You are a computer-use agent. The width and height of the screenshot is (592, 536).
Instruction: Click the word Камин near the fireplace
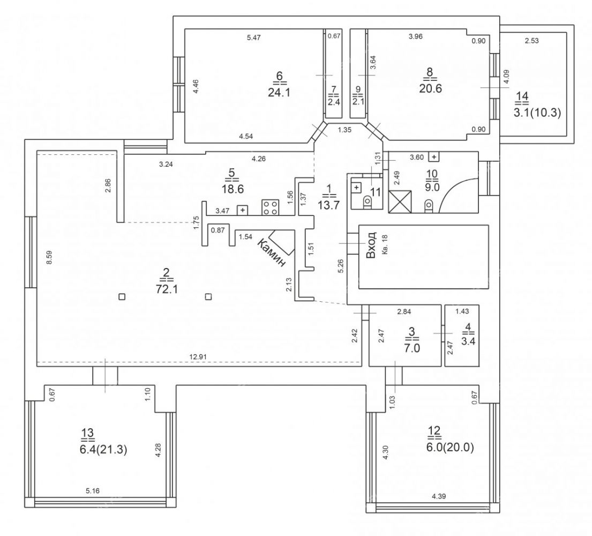[271, 252]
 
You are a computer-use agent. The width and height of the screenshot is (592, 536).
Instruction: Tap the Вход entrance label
[371, 245]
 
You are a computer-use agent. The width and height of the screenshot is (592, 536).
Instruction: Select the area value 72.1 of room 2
[167, 289]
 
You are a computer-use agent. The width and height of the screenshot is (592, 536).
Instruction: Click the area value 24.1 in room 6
[279, 92]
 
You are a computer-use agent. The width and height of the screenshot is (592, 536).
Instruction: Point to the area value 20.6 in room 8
[430, 88]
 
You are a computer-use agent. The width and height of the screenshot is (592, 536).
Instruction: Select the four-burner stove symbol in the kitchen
[271, 207]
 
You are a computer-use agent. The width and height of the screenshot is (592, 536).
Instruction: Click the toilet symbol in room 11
[367, 203]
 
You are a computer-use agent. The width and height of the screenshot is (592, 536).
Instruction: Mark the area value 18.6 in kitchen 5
[233, 189]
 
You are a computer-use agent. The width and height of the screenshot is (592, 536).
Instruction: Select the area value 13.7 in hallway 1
[329, 205]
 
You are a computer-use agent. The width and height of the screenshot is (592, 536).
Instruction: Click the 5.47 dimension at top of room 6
[254, 38]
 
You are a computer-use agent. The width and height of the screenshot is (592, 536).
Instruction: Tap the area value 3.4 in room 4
[468, 341]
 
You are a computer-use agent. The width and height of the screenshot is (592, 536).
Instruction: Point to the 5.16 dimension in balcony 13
[93, 490]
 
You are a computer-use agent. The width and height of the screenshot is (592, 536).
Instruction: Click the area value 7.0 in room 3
[412, 347]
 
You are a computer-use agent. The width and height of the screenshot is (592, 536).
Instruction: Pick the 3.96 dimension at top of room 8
[416, 36]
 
